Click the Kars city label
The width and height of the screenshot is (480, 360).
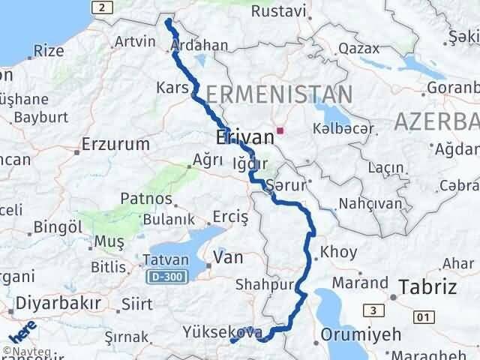pyautogui.click(x=172, y=88)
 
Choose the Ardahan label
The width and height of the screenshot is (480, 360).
pyautogui.click(x=199, y=46)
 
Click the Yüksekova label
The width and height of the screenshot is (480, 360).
pyautogui.click(x=221, y=331)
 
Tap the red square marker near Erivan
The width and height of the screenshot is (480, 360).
pyautogui.click(x=280, y=130)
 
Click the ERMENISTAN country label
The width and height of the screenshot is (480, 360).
pyautogui.click(x=277, y=94)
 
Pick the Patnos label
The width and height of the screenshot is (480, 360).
pyautogui.click(x=147, y=201)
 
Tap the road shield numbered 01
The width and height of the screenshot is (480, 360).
pyautogui.click(x=424, y=317)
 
